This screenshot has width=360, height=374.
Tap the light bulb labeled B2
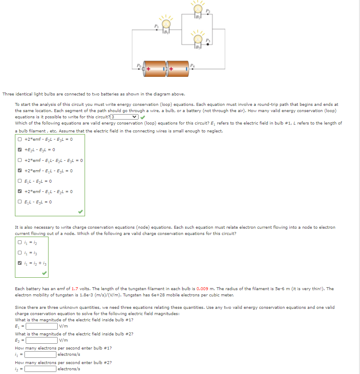[198, 10]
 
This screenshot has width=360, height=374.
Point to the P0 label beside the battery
[139, 65]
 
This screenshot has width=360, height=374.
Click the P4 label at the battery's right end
[192, 65]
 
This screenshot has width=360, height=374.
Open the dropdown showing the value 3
[124, 117]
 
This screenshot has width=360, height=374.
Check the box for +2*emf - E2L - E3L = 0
[19, 139]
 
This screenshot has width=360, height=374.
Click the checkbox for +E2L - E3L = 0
[19, 150]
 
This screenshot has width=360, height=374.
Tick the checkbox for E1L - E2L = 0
[19, 181]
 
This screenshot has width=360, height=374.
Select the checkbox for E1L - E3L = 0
[19, 202]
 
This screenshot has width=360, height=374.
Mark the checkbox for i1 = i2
[19, 242]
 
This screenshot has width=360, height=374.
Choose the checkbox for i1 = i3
[19, 253]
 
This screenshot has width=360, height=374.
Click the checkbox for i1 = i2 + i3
[19, 263]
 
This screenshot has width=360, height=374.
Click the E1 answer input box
[42, 326]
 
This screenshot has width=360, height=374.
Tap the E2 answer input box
[42, 340]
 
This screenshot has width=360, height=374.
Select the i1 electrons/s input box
[41, 354]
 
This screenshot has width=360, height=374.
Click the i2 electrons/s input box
[41, 369]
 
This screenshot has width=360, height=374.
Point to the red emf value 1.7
[75, 289]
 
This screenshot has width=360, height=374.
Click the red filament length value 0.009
[202, 289]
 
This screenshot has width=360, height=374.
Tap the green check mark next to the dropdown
[143, 117]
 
